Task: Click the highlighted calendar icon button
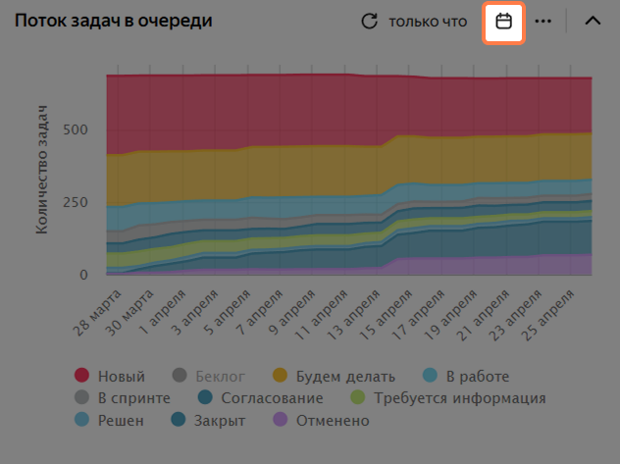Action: pyautogui.click(x=503, y=22)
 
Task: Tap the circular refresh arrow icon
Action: pyautogui.click(x=369, y=22)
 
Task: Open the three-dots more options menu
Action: pyautogui.click(x=542, y=22)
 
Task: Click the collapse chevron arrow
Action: pyautogui.click(x=593, y=21)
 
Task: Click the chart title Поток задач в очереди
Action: pyautogui.click(x=114, y=21)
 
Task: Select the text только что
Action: pyautogui.click(x=428, y=22)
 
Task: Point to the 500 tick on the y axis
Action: pyautogui.click(x=76, y=129)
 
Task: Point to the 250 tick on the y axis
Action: pyautogui.click(x=76, y=202)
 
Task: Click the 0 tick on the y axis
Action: pyautogui.click(x=83, y=275)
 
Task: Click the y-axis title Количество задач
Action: pyautogui.click(x=41, y=170)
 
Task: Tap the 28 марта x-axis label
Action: pyautogui.click(x=97, y=313)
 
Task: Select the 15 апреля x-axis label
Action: pyautogui.click(x=386, y=315)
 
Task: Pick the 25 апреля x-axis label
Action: pyautogui.click(x=547, y=315)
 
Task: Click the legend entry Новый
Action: pyautogui.click(x=110, y=376)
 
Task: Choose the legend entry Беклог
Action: pyautogui.click(x=209, y=376)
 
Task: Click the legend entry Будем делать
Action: pyautogui.click(x=334, y=376)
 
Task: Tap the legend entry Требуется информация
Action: pyautogui.click(x=448, y=398)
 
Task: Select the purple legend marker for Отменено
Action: pyautogui.click(x=281, y=420)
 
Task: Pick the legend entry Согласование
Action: pyautogui.click(x=261, y=398)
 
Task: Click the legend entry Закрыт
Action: pyautogui.click(x=208, y=420)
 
